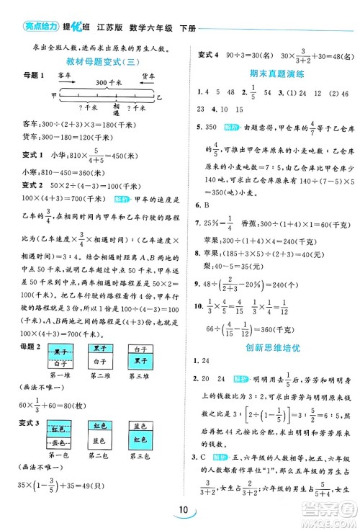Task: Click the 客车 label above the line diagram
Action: (x=63, y=74)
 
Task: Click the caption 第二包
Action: (x=99, y=456)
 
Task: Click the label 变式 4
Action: (x=207, y=54)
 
